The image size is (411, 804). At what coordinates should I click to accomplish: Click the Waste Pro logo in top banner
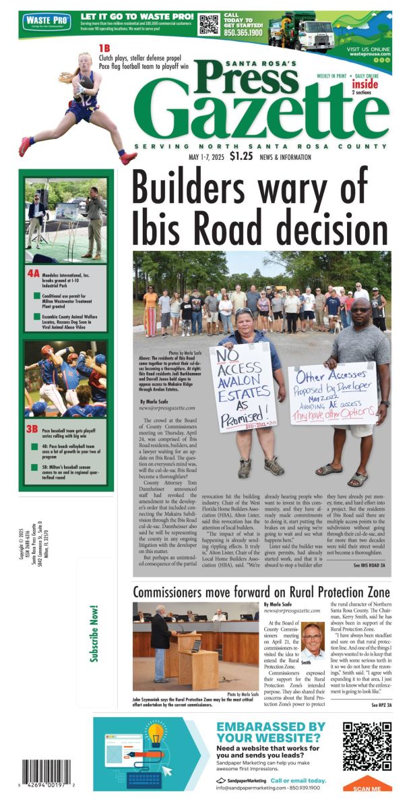coord(47,22)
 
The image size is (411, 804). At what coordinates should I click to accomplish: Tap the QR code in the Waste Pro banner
coord(209,24)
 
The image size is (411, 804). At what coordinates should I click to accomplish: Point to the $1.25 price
coord(241,156)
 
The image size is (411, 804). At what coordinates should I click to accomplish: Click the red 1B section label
coord(104,48)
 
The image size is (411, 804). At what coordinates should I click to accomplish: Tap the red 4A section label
coord(33,275)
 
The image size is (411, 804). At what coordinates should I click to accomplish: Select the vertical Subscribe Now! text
coord(95,635)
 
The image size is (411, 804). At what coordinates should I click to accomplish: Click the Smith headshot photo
coord(313,640)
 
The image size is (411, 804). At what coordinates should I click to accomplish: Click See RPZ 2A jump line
coord(381,705)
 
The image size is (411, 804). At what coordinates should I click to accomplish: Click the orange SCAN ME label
coord(367,787)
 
